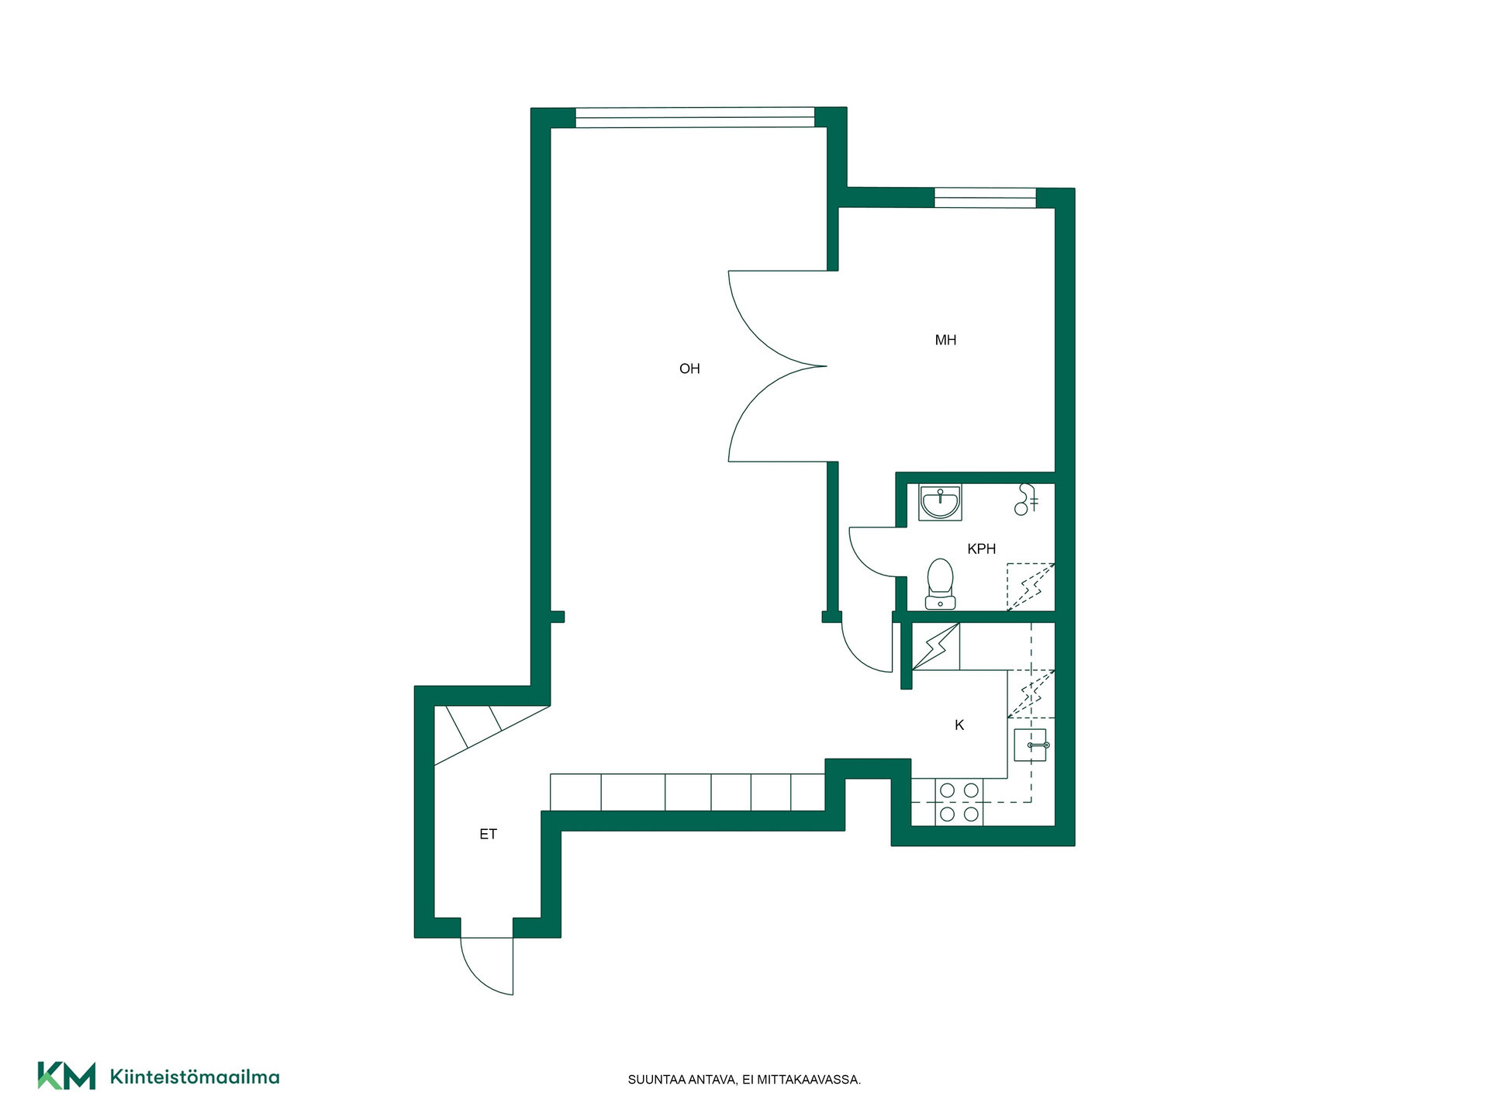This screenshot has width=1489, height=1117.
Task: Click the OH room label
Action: coord(689,369)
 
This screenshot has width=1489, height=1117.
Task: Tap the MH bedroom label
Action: coord(945,340)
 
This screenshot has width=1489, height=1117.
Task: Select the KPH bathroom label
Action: coord(981,549)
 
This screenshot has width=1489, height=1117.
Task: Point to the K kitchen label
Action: coord(959,725)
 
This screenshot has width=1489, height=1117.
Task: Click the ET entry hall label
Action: coord(488,835)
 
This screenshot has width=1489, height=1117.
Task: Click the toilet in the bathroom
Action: coord(941,583)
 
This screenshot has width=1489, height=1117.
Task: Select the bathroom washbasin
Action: coord(941,502)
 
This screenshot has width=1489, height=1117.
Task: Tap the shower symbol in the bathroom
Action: coord(1026,500)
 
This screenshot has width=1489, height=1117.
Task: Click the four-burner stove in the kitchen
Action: coord(959,802)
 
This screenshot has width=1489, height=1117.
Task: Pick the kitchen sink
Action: coord(1031,745)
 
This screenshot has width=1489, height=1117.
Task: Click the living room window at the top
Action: coord(695,118)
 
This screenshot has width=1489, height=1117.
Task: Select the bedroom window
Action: coord(985,198)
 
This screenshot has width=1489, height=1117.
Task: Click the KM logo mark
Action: coord(67,1076)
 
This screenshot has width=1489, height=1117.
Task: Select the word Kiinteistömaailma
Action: coord(195,1077)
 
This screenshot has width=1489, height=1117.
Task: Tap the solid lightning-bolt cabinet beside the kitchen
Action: coord(936,646)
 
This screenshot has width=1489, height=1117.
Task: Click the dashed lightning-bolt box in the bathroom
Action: coord(1031,586)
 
